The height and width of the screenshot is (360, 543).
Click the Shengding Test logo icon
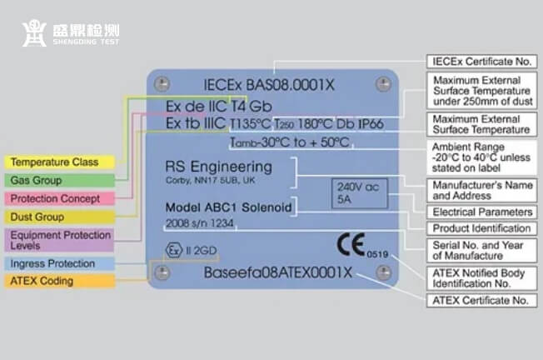click(33, 33)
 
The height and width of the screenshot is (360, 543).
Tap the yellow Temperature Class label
click(54, 162)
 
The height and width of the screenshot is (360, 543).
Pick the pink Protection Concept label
click(55, 198)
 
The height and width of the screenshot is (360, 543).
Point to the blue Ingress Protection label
click(55, 263)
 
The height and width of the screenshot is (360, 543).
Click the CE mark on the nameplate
click(351, 244)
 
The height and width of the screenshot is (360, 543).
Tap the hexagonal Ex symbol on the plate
click(172, 248)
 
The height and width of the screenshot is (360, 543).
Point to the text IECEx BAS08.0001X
click(257, 84)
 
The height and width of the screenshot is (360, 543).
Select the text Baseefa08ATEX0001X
click(278, 273)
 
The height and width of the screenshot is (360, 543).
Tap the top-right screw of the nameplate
click(383, 83)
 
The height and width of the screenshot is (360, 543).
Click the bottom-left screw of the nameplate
click(163, 272)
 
